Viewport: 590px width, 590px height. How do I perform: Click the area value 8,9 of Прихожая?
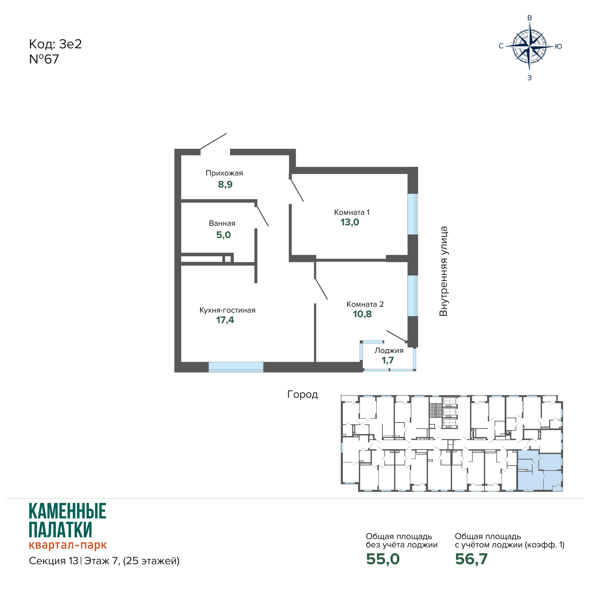[225, 184]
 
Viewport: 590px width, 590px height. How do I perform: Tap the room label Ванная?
[222, 223]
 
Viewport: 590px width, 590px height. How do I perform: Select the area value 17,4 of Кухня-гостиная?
[225, 320]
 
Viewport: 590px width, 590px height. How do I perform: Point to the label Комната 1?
[352, 212]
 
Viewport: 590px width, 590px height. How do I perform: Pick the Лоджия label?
[389, 351]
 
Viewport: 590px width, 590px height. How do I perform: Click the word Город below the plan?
[302, 395]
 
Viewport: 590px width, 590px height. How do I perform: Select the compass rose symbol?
[530, 46]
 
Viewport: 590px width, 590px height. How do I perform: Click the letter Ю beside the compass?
[558, 46]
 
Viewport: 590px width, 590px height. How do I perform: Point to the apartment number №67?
[44, 59]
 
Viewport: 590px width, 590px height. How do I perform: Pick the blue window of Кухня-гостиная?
[236, 367]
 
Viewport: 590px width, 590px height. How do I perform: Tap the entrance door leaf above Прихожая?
[213, 141]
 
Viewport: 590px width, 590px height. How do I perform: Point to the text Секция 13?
[54, 561]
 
